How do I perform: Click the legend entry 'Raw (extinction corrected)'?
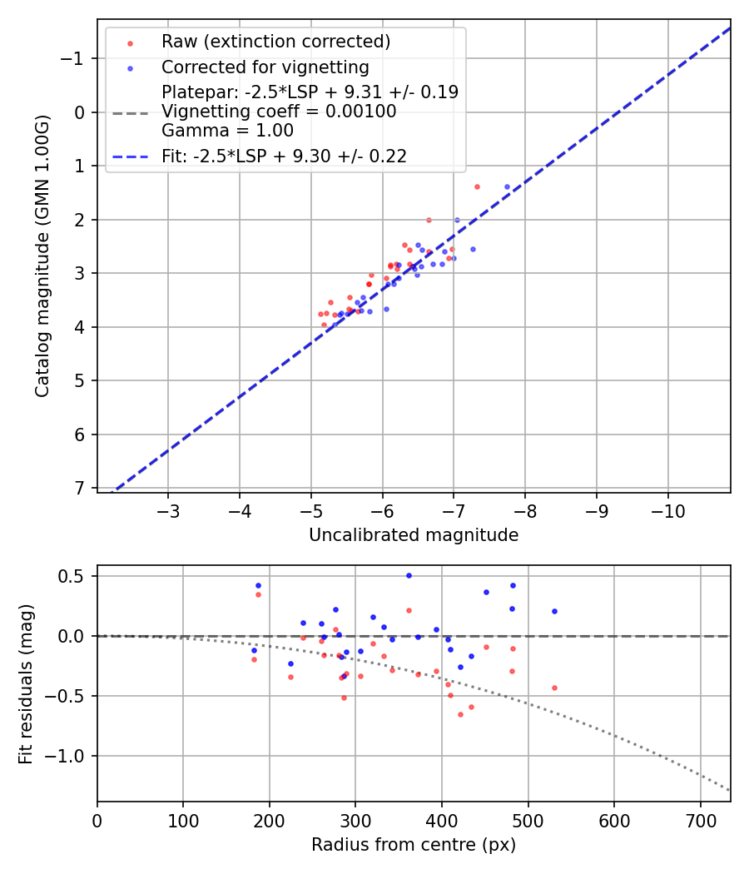(275, 42)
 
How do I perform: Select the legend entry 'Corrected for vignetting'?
(265, 67)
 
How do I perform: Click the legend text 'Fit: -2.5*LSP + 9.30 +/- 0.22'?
(284, 156)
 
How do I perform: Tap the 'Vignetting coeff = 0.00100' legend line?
(279, 112)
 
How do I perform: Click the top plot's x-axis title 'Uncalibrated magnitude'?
(414, 535)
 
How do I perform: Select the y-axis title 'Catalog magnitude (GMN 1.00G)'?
(42, 256)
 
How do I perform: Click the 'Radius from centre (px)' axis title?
(414, 845)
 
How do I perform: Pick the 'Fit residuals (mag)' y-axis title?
(26, 684)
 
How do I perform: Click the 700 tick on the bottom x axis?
(700, 819)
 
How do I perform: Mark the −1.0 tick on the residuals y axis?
(71, 756)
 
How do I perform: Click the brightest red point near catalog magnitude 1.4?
(477, 186)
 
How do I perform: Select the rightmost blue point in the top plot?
(507, 186)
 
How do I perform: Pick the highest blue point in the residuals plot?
(409, 575)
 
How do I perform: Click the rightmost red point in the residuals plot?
(554, 688)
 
